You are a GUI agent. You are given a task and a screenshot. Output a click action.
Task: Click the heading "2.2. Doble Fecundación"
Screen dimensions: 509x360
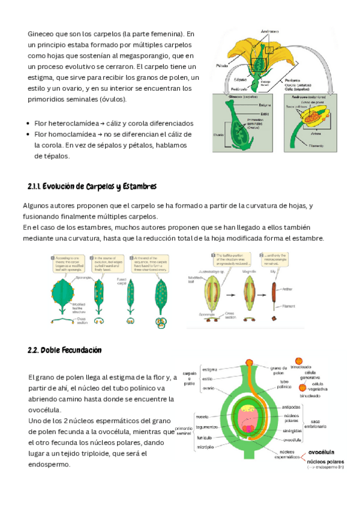pyautogui.click(x=65, y=350)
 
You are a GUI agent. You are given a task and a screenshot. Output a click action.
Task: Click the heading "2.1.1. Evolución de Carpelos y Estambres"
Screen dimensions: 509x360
pyautogui.click(x=92, y=186)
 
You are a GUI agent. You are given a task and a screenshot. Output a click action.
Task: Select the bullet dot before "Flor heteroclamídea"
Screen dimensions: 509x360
pyautogui.click(x=28, y=122)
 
